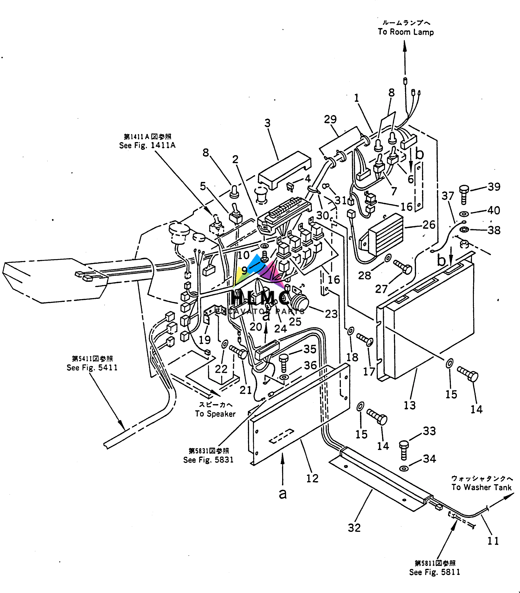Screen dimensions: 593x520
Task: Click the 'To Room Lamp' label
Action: pos(406,32)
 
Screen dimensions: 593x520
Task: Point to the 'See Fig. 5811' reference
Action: pos(434,572)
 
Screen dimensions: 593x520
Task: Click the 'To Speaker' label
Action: pos(215,414)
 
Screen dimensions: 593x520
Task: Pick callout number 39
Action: pos(494,187)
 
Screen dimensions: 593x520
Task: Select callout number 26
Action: pos(429,225)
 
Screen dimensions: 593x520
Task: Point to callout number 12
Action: pos(312,478)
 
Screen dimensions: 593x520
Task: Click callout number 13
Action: pos(409,405)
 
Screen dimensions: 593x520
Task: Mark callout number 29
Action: pos(330,119)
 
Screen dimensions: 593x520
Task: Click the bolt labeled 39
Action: pos(464,195)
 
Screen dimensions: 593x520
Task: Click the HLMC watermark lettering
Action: pos(260,297)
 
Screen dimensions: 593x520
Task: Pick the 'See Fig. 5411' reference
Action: pos(92,367)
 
